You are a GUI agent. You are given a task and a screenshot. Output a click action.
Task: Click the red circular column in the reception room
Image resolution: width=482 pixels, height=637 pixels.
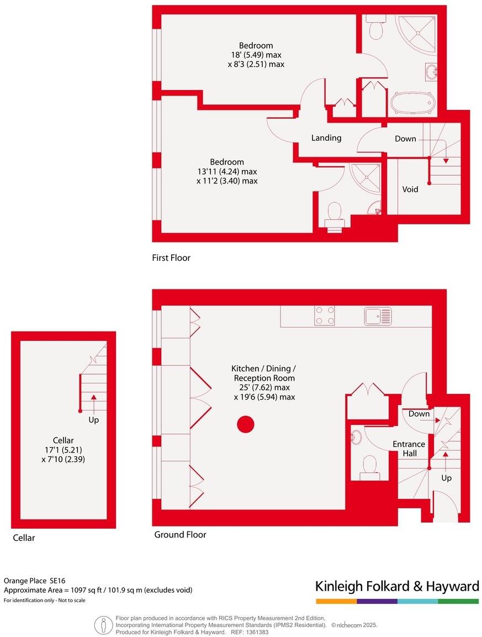[245, 424]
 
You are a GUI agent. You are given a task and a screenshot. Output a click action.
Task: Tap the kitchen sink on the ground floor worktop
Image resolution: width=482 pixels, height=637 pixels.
[378, 316]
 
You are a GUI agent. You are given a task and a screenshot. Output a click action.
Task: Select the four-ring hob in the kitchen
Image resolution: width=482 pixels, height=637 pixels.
[325, 316]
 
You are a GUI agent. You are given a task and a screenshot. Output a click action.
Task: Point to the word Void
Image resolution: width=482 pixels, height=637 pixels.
[410, 189]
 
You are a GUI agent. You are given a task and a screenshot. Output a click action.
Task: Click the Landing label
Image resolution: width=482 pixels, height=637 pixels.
[326, 138]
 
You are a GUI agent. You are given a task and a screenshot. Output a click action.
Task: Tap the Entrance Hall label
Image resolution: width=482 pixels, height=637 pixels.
[409, 449]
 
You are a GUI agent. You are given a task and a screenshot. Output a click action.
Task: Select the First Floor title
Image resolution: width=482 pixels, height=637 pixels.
[171, 258]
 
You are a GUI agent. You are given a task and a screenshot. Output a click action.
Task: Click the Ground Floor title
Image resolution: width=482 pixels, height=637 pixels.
[180, 535]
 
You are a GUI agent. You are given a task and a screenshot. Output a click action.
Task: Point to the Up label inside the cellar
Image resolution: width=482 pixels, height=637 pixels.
[94, 420]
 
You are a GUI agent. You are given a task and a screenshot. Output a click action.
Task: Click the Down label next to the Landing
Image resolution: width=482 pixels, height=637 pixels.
[405, 139]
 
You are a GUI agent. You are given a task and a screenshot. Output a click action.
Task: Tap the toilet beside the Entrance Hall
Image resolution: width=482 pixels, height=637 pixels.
[369, 465]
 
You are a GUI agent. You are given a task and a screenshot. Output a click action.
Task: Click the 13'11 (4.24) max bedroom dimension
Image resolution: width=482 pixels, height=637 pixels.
[226, 171]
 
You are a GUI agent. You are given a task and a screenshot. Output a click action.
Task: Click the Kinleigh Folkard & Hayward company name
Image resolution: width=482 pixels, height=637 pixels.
[396, 586]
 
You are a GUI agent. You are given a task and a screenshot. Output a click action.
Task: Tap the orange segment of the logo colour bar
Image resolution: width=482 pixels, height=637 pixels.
[336, 601]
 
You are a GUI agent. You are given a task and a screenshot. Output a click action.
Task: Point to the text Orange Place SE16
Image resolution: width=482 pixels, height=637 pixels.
[35, 581]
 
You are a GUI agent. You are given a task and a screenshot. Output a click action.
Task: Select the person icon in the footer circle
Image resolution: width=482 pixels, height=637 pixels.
[102, 625]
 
